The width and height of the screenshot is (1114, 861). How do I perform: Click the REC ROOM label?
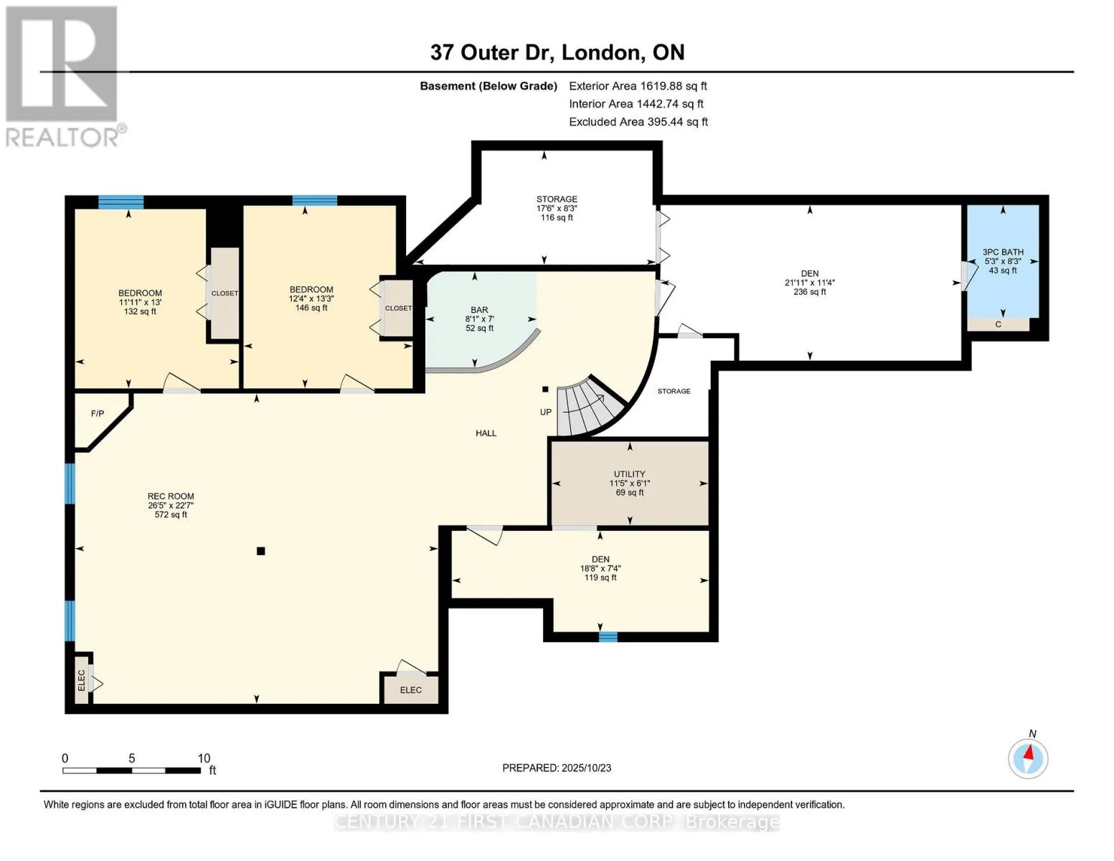coord(171,496)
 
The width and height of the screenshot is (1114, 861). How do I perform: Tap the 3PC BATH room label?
coord(1003,252)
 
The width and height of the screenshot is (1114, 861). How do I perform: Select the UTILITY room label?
coord(630,474)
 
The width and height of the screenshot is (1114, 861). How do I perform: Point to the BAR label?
coord(479,310)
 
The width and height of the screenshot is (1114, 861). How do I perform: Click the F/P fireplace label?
coord(98,413)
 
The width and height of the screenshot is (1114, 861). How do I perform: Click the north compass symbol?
coord(1028,758)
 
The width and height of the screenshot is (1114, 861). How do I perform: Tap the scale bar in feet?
coord(132,770)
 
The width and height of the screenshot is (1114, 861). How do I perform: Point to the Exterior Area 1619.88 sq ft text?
coord(638,86)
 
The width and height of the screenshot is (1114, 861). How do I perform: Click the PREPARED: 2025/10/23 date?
coord(556,768)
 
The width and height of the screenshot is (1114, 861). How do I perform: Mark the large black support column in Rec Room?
coord(261,551)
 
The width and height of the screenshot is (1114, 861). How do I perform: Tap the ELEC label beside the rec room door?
coord(410,690)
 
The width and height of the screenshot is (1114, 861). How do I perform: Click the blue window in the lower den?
coord(608,637)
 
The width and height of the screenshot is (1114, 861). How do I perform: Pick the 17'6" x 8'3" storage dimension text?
coord(557,208)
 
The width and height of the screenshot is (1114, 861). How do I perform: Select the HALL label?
coord(486,433)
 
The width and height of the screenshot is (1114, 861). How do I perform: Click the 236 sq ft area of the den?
coord(809,292)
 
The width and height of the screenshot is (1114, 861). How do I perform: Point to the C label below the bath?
coord(998,324)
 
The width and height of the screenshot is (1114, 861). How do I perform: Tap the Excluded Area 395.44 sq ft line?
coord(638,122)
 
